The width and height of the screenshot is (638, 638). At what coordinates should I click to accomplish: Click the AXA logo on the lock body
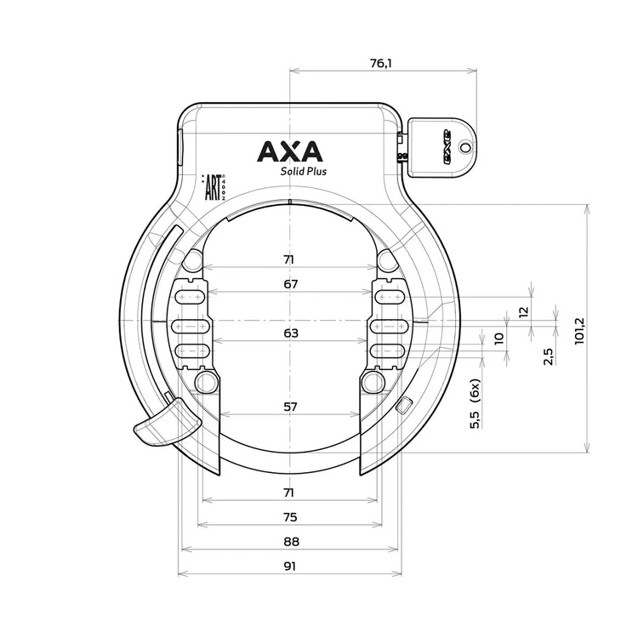pyautogui.click(x=290, y=151)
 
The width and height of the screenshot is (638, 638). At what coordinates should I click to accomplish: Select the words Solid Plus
pyautogui.click(x=304, y=170)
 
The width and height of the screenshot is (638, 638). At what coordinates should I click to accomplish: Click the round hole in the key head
pyautogui.click(x=464, y=147)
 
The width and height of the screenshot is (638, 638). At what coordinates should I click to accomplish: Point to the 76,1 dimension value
pyautogui.click(x=380, y=62)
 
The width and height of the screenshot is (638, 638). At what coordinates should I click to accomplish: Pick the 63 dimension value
pyautogui.click(x=291, y=333)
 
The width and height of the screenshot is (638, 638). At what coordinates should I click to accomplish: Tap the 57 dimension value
pyautogui.click(x=290, y=407)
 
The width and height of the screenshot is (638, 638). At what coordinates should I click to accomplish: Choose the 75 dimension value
pyautogui.click(x=290, y=516)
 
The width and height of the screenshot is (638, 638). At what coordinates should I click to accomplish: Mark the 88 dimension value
pyautogui.click(x=290, y=542)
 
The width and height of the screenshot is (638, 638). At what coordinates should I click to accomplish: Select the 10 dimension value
pyautogui.click(x=498, y=338)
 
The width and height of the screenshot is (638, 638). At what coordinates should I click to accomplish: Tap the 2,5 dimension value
pyautogui.click(x=548, y=356)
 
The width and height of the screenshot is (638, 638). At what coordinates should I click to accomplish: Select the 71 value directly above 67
pyautogui.click(x=291, y=259)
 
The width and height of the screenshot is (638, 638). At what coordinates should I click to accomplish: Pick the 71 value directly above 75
pyautogui.click(x=290, y=493)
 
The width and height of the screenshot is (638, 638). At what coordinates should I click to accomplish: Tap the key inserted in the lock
pyautogui.click(x=439, y=147)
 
